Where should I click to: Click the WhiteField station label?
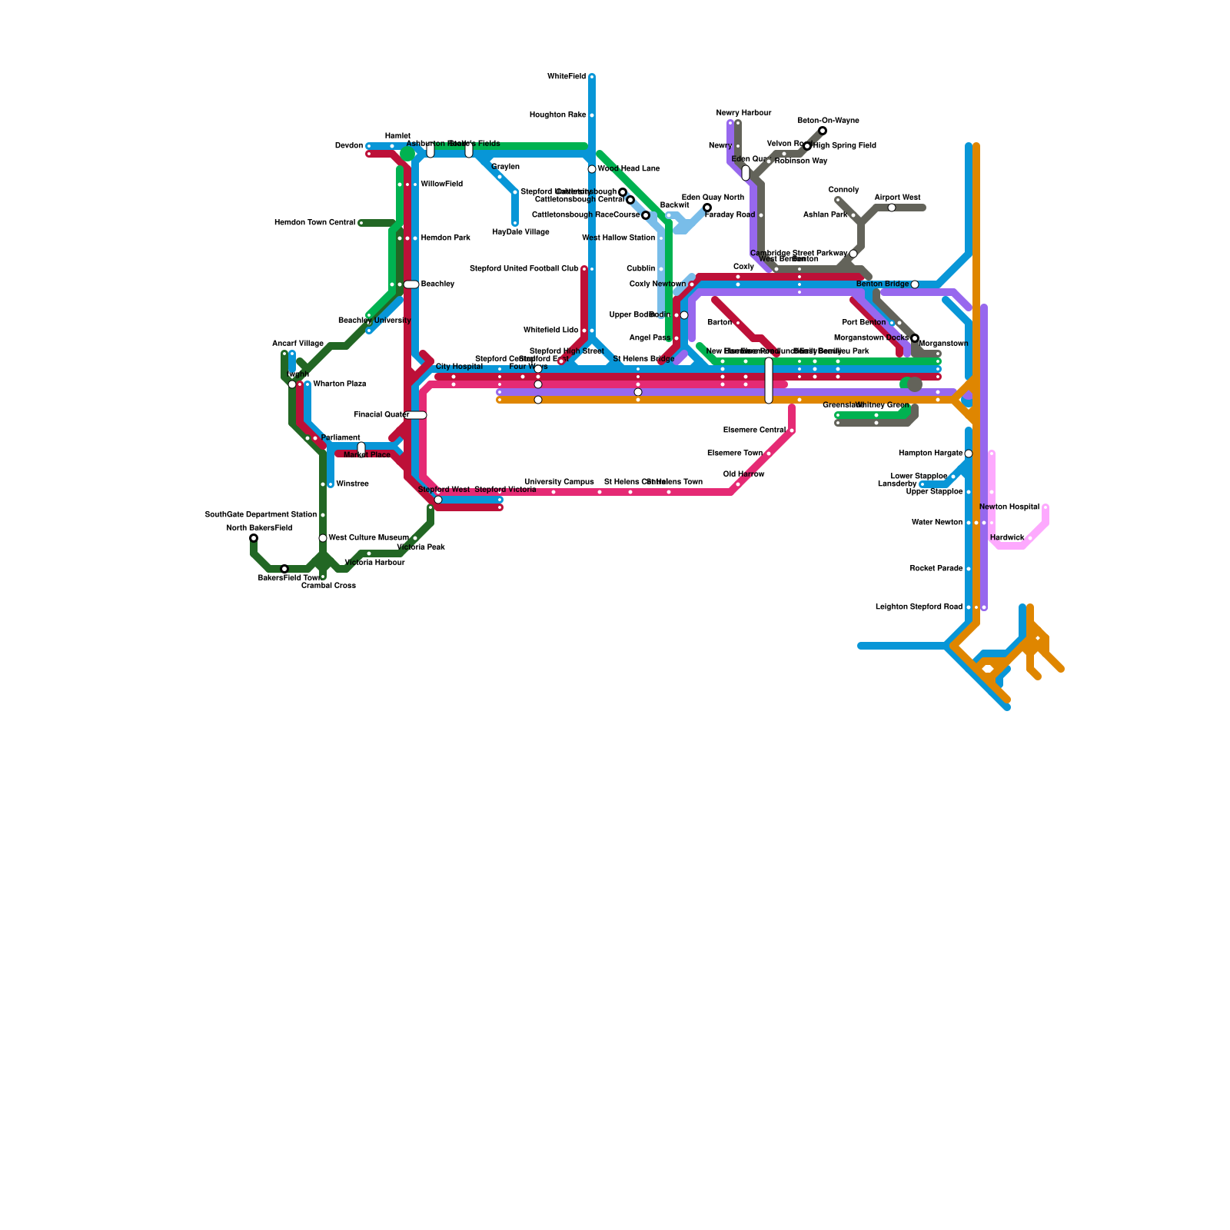(566, 77)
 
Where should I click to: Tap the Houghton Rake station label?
(557, 115)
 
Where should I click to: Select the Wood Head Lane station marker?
(592, 169)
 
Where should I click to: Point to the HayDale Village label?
(520, 232)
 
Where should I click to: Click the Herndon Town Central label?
(314, 223)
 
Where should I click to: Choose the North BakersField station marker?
(254, 538)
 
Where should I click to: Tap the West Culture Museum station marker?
(323, 538)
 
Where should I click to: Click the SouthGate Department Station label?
(261, 515)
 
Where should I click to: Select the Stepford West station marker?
(438, 500)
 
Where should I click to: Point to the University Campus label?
(559, 482)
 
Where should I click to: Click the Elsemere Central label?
(754, 430)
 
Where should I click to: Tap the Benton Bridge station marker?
(915, 284)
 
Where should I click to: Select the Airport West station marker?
(892, 208)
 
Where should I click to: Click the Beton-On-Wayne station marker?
(823, 131)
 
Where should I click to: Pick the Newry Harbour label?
(743, 113)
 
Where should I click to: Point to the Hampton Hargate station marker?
(969, 454)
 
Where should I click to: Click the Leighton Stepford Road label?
(919, 607)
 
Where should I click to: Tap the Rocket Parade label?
(936, 569)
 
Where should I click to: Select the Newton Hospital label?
(1009, 507)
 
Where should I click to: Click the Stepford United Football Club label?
(524, 269)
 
